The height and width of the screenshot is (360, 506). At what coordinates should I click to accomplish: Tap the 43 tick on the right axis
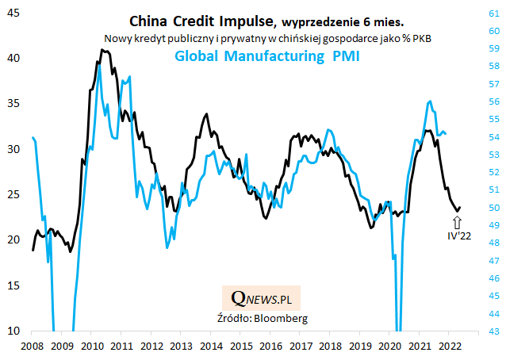pos(493,331)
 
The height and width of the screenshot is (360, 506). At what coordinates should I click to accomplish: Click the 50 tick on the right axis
pos(493,207)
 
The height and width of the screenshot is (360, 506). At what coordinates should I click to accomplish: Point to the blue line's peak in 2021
pos(429,101)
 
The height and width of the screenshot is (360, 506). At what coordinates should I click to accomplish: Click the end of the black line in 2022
pos(460,208)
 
